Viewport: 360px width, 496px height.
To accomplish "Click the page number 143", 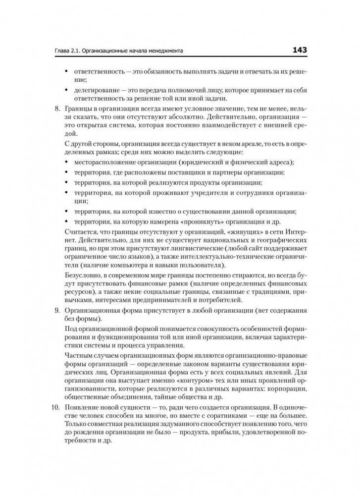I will (x=300, y=50).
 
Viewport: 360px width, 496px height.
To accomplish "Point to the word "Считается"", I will (x=80, y=232).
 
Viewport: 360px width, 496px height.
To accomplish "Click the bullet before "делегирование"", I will (x=67, y=90).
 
